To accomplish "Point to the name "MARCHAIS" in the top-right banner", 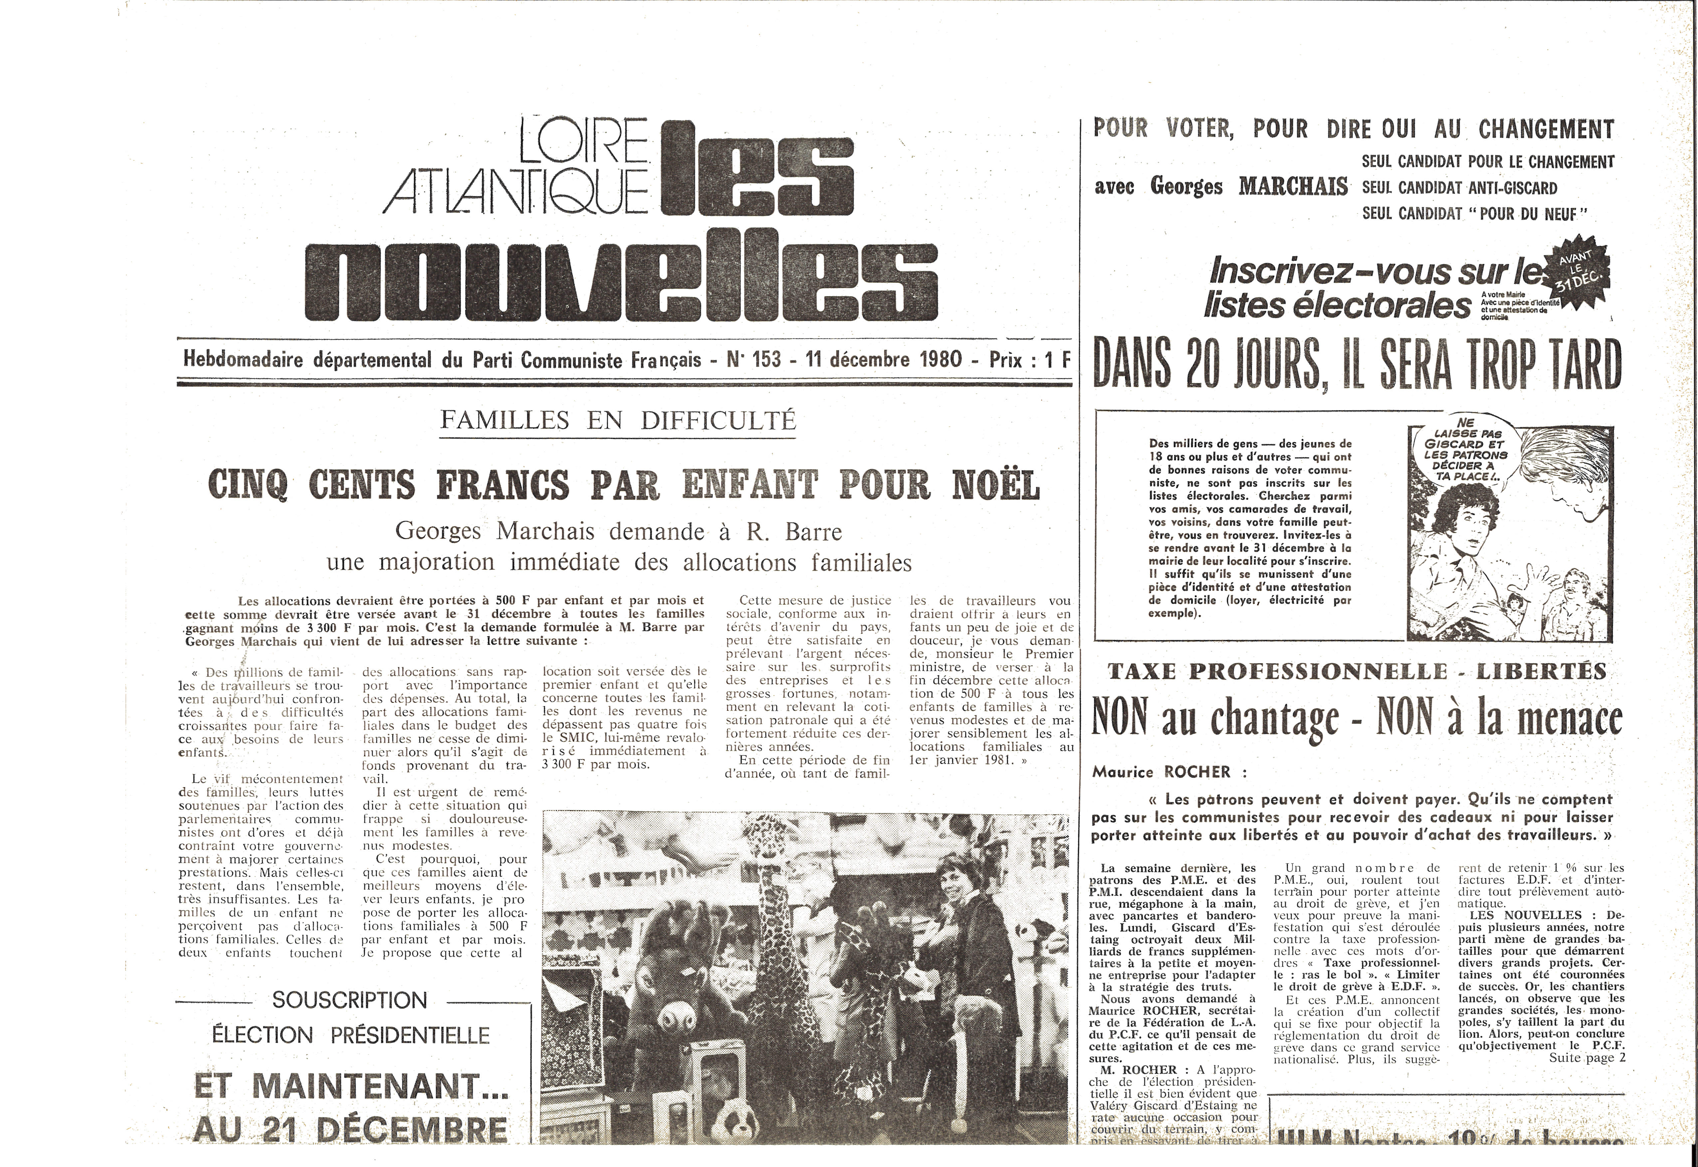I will point(1293,186).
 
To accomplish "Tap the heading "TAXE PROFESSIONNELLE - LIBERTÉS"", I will point(1357,671).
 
